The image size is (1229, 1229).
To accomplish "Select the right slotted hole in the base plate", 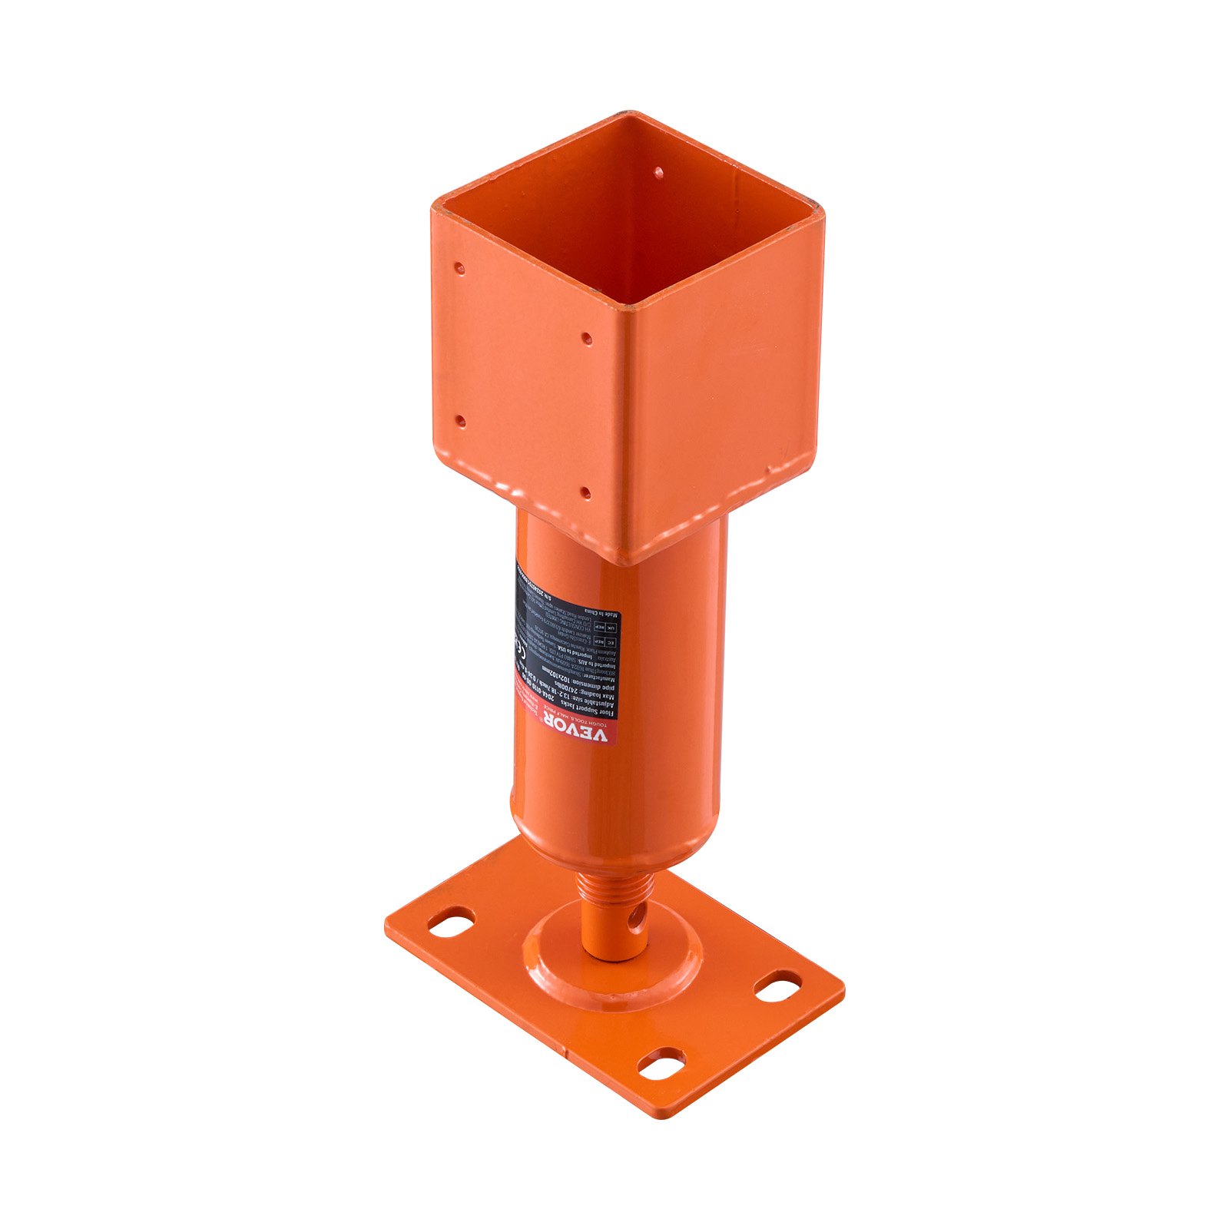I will [777, 986].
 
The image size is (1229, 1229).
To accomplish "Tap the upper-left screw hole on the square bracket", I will [459, 268].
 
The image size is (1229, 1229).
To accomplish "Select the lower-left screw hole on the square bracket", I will [459, 421].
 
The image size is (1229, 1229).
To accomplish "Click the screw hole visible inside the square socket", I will [658, 174].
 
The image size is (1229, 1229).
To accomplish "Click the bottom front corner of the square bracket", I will [628, 562].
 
